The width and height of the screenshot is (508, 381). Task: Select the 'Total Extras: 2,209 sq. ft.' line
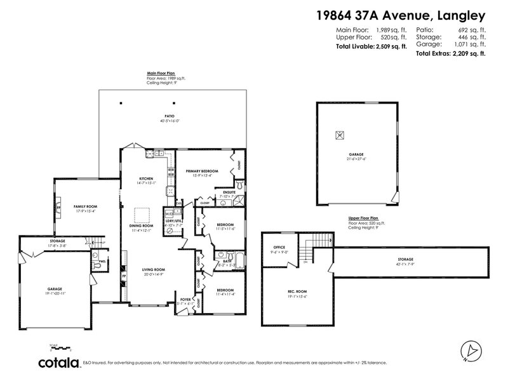pos(451,54)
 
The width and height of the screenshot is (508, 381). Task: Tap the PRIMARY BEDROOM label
pos(202,171)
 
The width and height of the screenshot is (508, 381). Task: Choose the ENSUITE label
pos(222,192)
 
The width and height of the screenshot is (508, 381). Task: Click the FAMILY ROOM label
pos(84,206)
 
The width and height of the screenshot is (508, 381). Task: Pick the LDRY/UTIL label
pos(173,221)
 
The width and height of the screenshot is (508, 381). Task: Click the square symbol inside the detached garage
pos(339,134)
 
